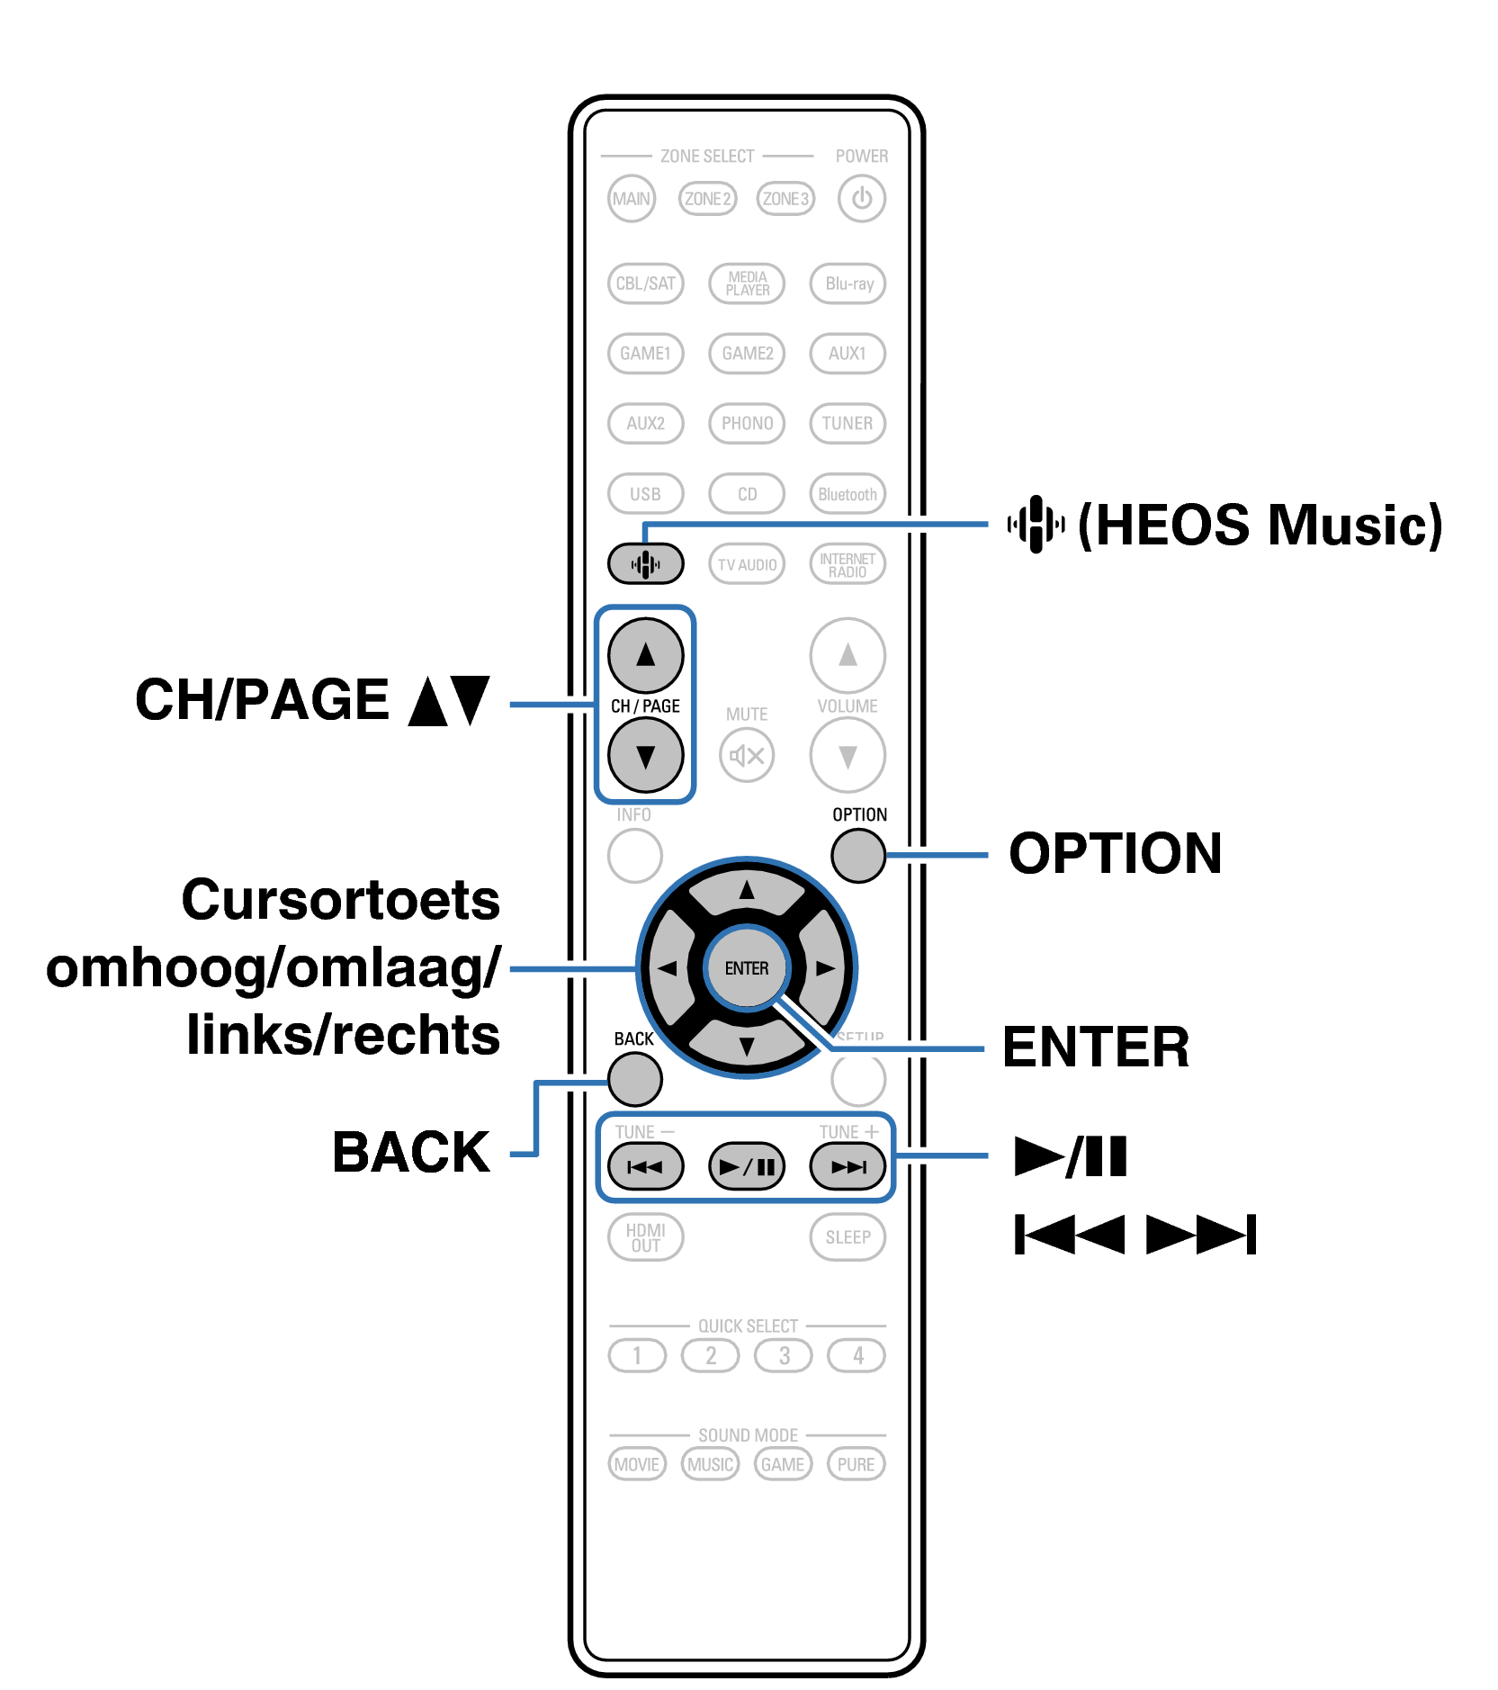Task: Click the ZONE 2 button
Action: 707,199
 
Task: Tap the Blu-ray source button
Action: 848,283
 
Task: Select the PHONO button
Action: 747,423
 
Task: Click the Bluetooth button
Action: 848,494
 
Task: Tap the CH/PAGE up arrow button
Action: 645,655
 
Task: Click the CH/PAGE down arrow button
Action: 645,755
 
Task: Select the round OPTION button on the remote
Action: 858,855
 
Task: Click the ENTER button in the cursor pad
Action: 747,968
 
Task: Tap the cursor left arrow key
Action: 667,968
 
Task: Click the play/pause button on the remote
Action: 747,1167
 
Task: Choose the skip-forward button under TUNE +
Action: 848,1167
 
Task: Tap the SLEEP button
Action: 848,1237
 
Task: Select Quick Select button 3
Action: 784,1355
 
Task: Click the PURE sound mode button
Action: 856,1464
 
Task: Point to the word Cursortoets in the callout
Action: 340,900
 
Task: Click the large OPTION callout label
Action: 1115,853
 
